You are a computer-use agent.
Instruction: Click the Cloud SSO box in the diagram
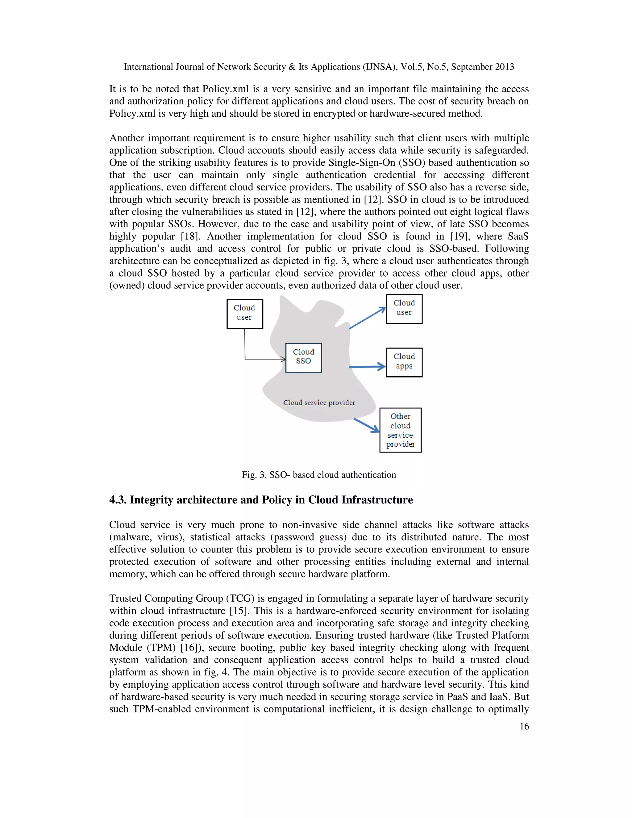(303, 358)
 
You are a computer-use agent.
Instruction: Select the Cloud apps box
(404, 362)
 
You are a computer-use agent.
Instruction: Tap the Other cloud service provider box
(400, 430)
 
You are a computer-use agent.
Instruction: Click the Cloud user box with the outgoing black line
(244, 314)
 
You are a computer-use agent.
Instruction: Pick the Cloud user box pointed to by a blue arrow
(404, 309)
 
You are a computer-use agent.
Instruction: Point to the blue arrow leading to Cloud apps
(367, 367)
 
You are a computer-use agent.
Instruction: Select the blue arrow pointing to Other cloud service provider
(367, 425)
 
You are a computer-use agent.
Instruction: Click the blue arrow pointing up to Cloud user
(367, 318)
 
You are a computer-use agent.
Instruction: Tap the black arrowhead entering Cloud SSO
(283, 359)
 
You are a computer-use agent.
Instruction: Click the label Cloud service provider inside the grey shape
(319, 403)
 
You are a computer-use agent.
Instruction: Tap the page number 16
(524, 726)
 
